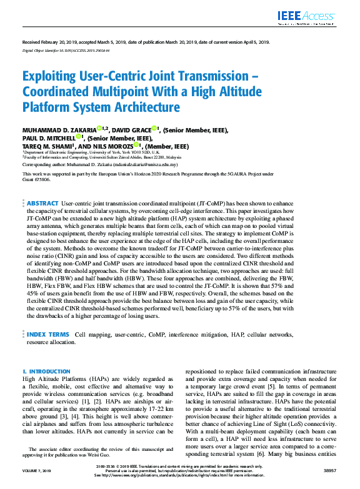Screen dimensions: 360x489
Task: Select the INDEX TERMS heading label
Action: (48, 335)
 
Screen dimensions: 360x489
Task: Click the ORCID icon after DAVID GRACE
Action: (154, 129)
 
